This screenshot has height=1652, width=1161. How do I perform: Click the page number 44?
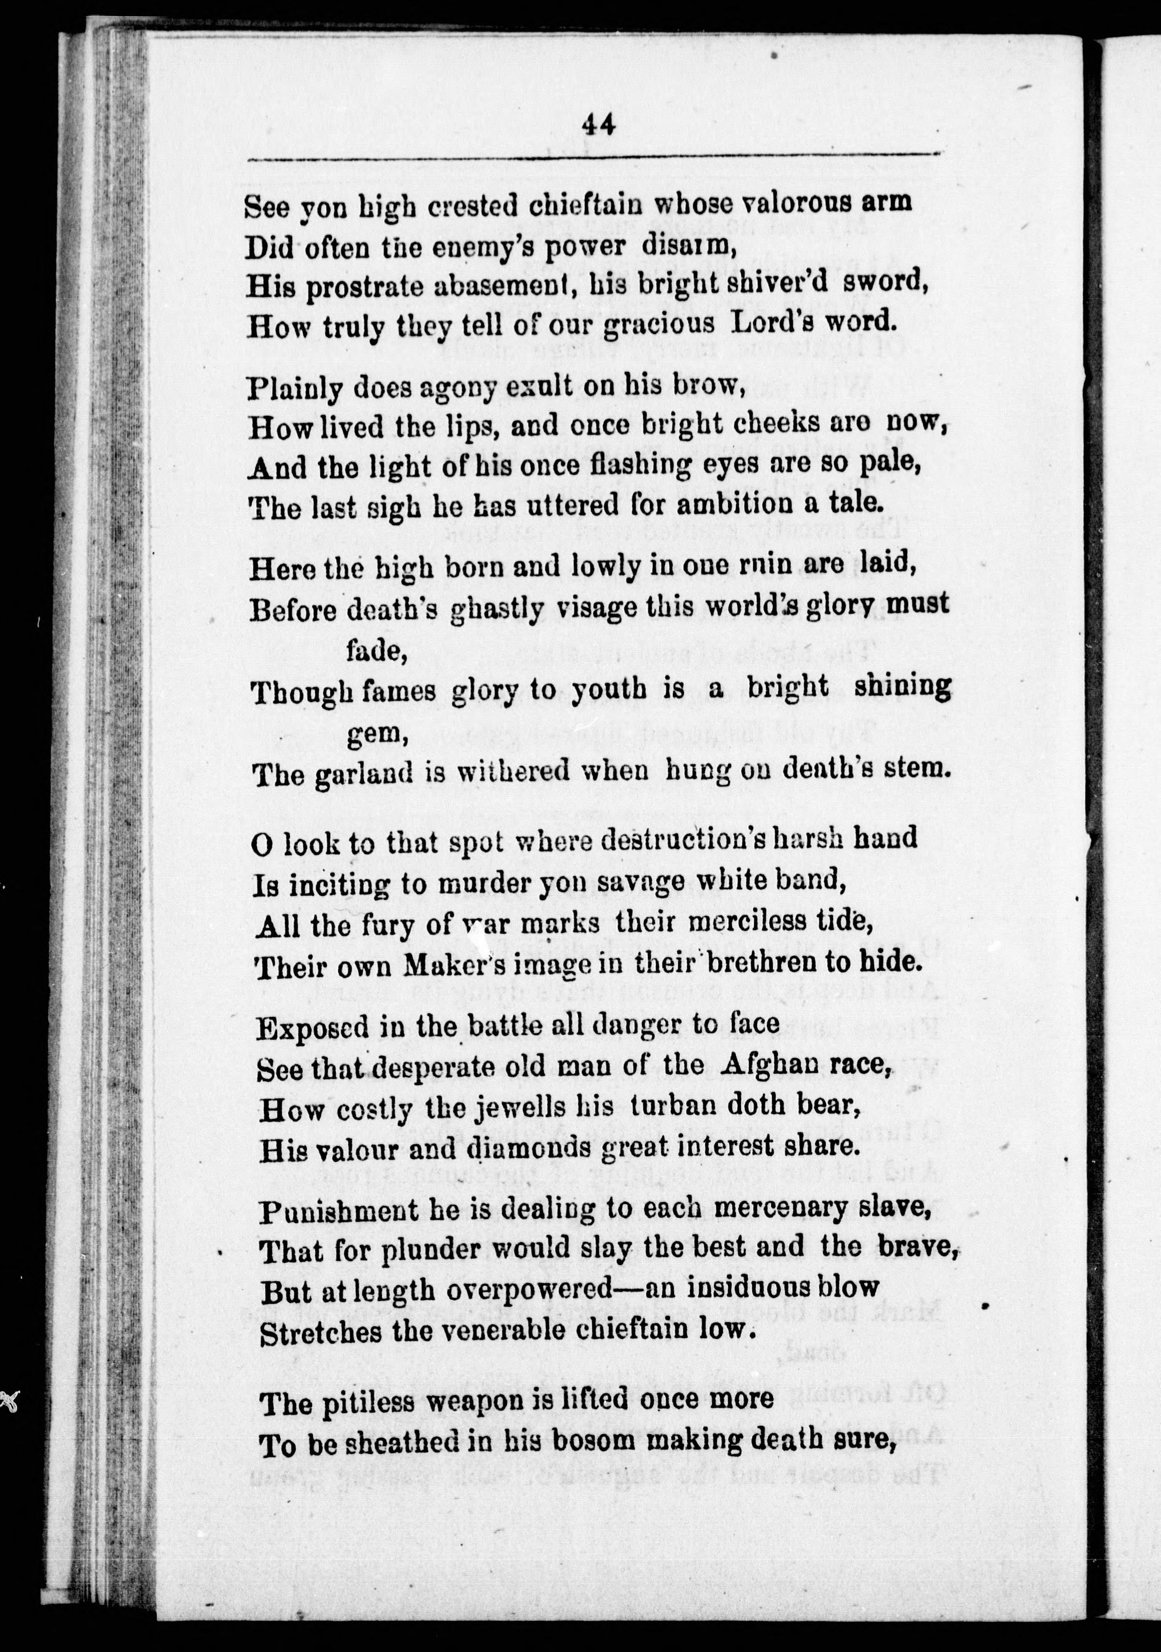[x=598, y=126]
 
